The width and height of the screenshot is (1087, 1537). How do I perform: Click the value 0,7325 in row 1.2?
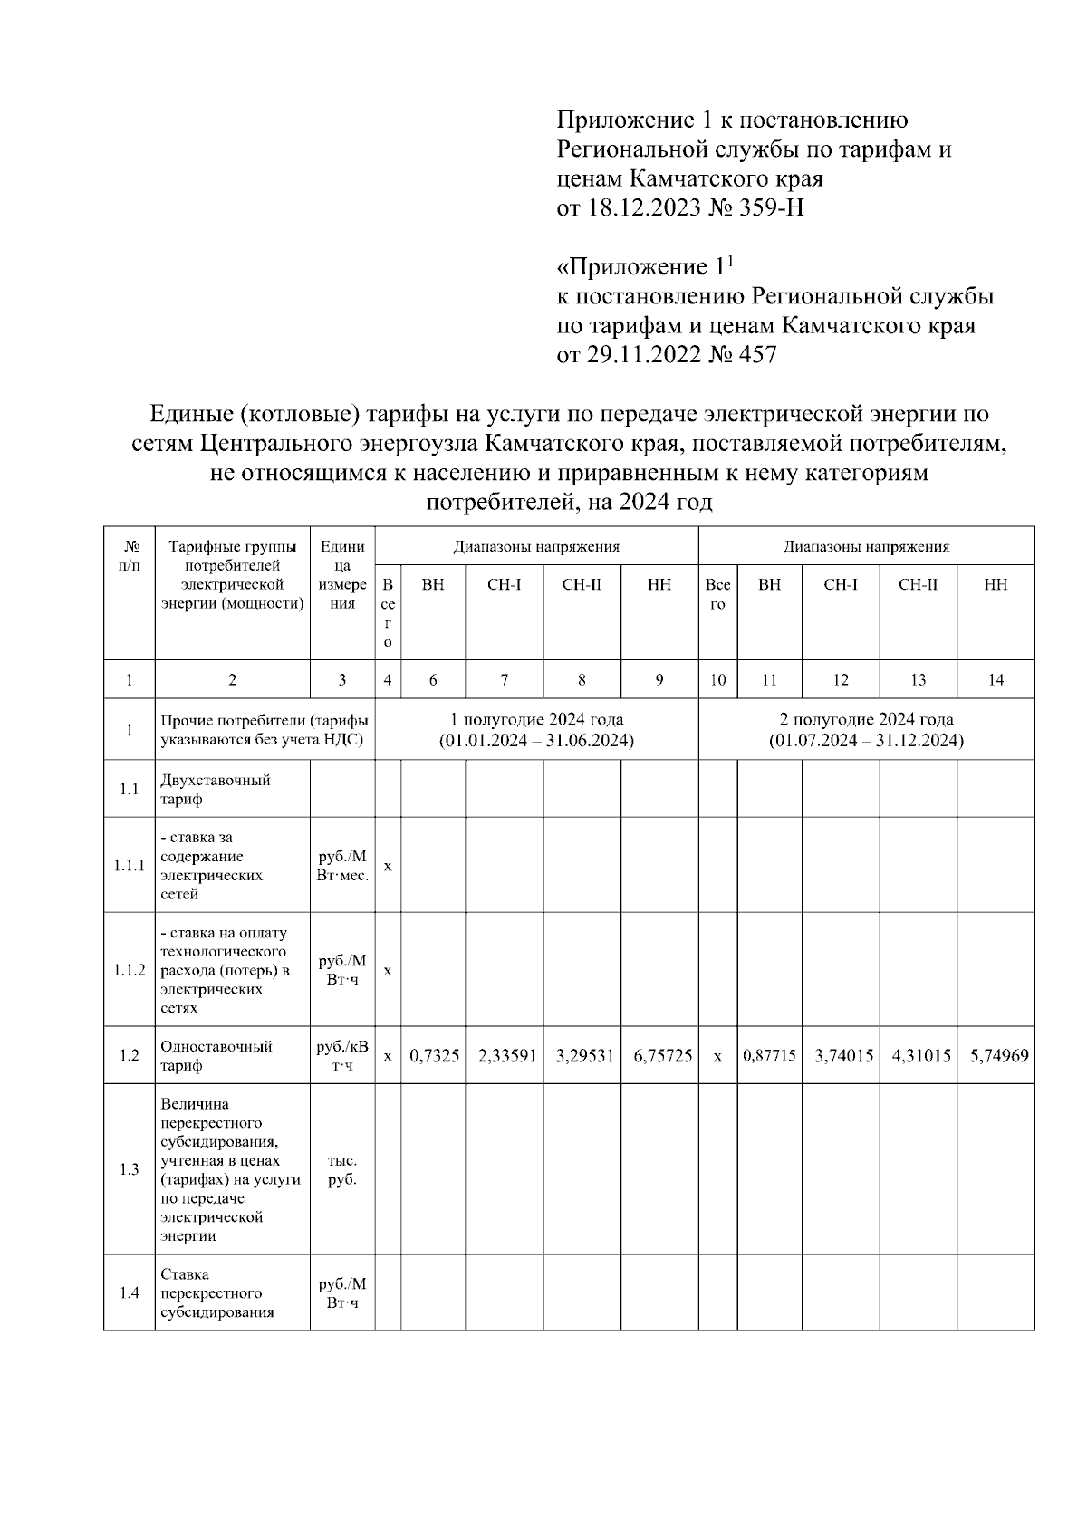pyautogui.click(x=434, y=1056)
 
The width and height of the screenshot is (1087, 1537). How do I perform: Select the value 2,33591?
pyautogui.click(x=505, y=1056)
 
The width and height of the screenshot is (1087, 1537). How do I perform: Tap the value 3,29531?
pyautogui.click(x=582, y=1056)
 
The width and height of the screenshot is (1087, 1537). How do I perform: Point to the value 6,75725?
pyautogui.click(x=660, y=1056)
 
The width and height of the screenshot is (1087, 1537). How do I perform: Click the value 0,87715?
pyautogui.click(x=770, y=1056)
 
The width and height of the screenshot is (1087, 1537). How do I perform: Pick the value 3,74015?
pyautogui.click(x=841, y=1056)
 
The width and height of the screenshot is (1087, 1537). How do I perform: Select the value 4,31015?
pyautogui.click(x=919, y=1056)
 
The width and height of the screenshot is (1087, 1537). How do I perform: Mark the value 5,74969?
pyautogui.click(x=996, y=1056)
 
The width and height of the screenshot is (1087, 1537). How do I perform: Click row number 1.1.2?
pyautogui.click(x=130, y=970)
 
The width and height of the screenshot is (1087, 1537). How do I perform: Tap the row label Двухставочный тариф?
pyautogui.click(x=215, y=790)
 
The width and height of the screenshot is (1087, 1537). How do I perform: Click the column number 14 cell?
pyautogui.click(x=996, y=680)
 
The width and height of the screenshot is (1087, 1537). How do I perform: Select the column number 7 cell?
pyautogui.click(x=505, y=680)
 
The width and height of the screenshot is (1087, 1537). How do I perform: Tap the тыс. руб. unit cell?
pyautogui.click(x=342, y=1170)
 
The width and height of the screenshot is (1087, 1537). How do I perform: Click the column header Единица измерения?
pyautogui.click(x=342, y=575)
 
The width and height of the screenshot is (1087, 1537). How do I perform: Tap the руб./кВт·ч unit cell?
pyautogui.click(x=342, y=1056)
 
